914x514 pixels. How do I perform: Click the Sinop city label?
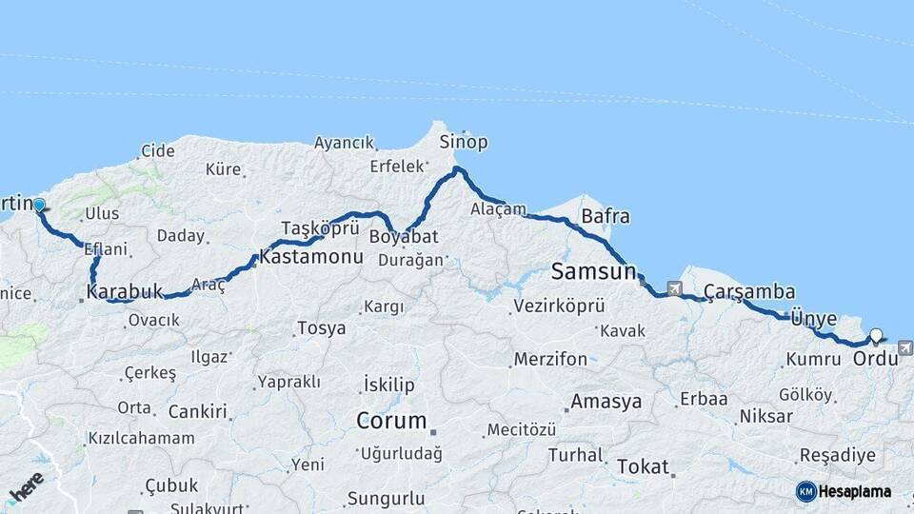(x=464, y=143)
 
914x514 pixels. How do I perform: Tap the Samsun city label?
(x=593, y=272)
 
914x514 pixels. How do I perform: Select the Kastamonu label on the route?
(x=311, y=258)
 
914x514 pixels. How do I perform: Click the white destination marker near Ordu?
(x=877, y=335)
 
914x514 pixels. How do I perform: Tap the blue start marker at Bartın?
(x=39, y=205)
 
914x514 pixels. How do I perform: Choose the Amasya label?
(x=606, y=401)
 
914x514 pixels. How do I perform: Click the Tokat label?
(x=643, y=467)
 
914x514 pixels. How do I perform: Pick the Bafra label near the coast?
(x=605, y=216)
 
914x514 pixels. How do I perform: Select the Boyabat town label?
(x=404, y=235)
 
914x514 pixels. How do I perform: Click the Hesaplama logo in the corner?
(x=844, y=491)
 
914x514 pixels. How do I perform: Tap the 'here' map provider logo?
(x=27, y=488)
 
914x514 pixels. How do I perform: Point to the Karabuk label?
(x=125, y=291)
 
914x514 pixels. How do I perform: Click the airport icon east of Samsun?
(x=675, y=287)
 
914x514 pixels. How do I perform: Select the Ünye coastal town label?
(x=814, y=318)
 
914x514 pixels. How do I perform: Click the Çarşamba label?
(x=750, y=292)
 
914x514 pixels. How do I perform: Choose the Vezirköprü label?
(x=559, y=306)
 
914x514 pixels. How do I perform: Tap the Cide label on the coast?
(x=158, y=150)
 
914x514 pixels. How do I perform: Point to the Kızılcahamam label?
(x=141, y=439)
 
